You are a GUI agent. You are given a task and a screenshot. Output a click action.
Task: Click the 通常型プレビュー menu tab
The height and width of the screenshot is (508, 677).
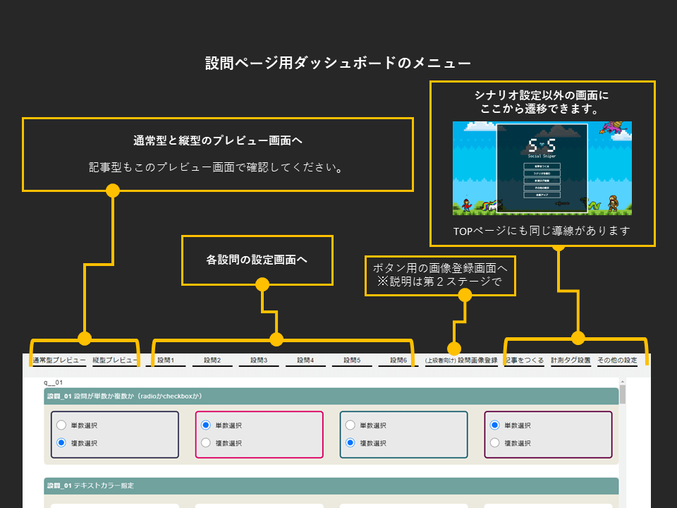59,360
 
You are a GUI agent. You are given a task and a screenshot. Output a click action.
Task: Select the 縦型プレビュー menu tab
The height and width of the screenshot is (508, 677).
114,360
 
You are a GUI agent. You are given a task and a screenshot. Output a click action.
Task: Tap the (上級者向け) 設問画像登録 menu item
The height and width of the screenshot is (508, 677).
461,361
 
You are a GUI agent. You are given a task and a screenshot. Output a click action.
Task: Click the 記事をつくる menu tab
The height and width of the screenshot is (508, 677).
525,361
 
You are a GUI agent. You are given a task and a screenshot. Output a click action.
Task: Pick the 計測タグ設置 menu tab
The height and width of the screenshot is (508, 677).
571,361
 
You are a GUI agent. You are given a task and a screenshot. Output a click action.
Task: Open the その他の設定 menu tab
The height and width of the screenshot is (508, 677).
617,361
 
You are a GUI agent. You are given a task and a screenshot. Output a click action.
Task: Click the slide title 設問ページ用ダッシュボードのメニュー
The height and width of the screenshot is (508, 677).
338,63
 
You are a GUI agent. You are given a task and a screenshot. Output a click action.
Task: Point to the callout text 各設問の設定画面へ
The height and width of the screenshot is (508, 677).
257,260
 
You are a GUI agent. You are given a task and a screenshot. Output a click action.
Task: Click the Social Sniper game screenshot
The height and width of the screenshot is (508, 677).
542,168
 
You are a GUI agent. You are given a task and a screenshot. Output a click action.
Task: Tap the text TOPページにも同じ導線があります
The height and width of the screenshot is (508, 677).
542,231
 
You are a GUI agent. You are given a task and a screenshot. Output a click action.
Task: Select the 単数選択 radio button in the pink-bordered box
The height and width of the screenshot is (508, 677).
206,425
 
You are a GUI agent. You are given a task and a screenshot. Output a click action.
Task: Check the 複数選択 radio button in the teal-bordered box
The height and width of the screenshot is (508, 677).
350,443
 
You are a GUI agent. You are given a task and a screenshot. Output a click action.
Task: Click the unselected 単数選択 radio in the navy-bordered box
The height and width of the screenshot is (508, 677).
61,425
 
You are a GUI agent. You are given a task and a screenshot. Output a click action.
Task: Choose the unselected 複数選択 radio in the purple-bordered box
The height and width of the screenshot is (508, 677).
495,443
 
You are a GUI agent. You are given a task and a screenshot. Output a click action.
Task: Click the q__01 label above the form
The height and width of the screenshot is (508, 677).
54,382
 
